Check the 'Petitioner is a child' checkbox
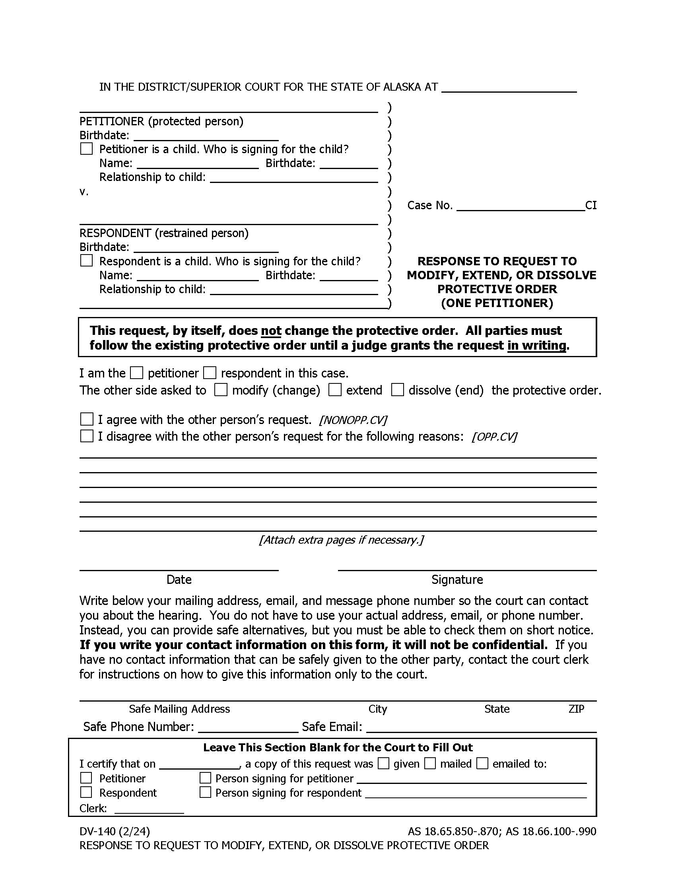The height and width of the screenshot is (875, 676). pyautogui.click(x=87, y=149)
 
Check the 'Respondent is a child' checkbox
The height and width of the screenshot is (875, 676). pyautogui.click(x=87, y=261)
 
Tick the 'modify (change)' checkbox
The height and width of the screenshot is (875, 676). pyautogui.click(x=221, y=389)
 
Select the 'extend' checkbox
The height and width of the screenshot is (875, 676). pyautogui.click(x=335, y=389)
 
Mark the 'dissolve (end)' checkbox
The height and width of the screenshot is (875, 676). pyautogui.click(x=397, y=389)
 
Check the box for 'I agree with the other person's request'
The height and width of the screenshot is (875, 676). pyautogui.click(x=87, y=419)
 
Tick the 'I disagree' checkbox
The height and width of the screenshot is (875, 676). pyautogui.click(x=87, y=436)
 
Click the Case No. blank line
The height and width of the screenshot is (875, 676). pyautogui.click(x=520, y=206)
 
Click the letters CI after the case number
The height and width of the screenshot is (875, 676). pyautogui.click(x=591, y=206)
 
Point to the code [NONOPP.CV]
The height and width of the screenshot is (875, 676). pyautogui.click(x=353, y=420)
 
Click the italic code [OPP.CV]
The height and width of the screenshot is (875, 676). pyautogui.click(x=495, y=437)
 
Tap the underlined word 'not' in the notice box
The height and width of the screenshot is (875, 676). pyautogui.click(x=271, y=331)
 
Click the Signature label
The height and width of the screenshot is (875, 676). pyautogui.click(x=457, y=580)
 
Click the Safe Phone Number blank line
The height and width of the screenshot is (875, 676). pyautogui.click(x=248, y=727)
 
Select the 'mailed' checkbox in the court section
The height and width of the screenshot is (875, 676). pyautogui.click(x=430, y=763)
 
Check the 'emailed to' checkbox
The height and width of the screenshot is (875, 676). pyautogui.click(x=482, y=763)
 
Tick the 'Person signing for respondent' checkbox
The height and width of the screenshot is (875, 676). pyautogui.click(x=205, y=792)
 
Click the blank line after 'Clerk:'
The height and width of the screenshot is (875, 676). pyautogui.click(x=149, y=809)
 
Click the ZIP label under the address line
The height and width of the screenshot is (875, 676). pyautogui.click(x=576, y=709)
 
